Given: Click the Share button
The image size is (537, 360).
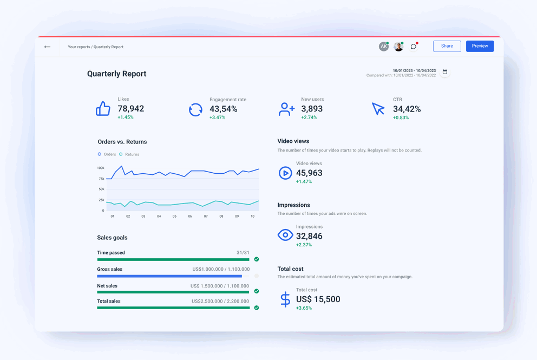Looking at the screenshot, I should [x=447, y=46].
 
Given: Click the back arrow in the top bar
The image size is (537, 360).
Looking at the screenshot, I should [x=48, y=47].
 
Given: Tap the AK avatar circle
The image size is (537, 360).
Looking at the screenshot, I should [x=383, y=47].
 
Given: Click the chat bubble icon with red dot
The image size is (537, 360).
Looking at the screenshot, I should [x=414, y=47].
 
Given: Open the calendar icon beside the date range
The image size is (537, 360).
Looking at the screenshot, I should [x=445, y=72].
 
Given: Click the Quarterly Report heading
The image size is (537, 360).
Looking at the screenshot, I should [x=116, y=74].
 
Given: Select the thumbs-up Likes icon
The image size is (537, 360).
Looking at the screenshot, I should [x=103, y=109].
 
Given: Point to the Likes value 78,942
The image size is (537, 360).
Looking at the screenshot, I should [x=130, y=109].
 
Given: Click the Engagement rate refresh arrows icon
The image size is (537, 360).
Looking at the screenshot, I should [x=195, y=109].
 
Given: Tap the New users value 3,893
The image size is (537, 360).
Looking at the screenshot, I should [x=312, y=109].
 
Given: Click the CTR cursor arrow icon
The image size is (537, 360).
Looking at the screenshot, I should [x=378, y=109].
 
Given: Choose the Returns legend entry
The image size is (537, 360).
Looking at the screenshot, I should [x=129, y=154].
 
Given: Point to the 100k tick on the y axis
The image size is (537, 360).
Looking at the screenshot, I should [x=101, y=168].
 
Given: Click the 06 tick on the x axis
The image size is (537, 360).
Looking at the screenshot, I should [x=190, y=217].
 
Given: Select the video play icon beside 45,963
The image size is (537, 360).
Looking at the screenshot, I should [x=285, y=173].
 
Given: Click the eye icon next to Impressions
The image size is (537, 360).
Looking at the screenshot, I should [x=285, y=235].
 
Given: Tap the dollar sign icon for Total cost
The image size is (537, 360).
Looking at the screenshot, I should [x=285, y=299].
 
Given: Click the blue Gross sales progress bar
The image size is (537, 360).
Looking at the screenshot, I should [x=169, y=276].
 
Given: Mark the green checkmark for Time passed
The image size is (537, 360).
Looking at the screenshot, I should [x=257, y=259].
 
